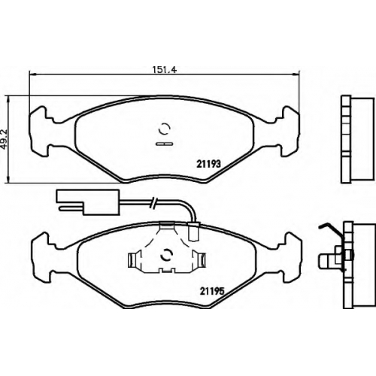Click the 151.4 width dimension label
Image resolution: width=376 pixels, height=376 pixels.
point(165,69)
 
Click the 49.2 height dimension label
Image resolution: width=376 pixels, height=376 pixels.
point(5,139)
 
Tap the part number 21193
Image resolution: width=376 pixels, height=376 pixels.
point(208,164)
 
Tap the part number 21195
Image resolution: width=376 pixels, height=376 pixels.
point(211,292)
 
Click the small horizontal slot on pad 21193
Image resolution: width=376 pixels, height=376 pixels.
point(164,144)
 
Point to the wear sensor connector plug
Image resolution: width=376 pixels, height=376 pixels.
point(88,202)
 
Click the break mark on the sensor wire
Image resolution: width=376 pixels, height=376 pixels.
point(153,202)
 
